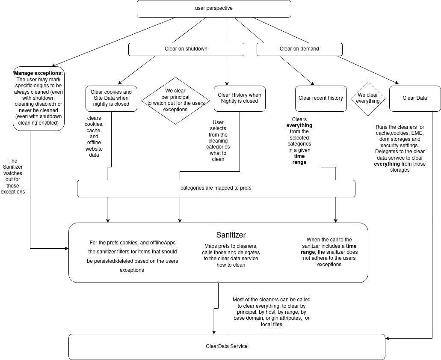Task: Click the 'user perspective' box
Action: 214,9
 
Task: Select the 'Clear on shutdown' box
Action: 186,49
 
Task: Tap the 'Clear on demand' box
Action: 299,49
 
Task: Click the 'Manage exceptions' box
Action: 38,98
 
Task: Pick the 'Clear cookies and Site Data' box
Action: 111,98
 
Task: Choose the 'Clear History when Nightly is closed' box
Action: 240,98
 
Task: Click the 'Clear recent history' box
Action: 321,98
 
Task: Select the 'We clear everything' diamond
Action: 368,98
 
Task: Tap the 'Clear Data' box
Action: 415,98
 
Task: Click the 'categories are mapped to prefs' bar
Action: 216,188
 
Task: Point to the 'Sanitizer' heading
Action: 231,235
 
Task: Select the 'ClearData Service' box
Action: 227,346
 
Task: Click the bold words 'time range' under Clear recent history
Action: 299,159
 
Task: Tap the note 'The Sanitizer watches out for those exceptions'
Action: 13,176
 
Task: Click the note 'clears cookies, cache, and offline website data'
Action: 94,136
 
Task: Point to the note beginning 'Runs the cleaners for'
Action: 400,148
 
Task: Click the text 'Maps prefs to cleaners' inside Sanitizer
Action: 231,256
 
